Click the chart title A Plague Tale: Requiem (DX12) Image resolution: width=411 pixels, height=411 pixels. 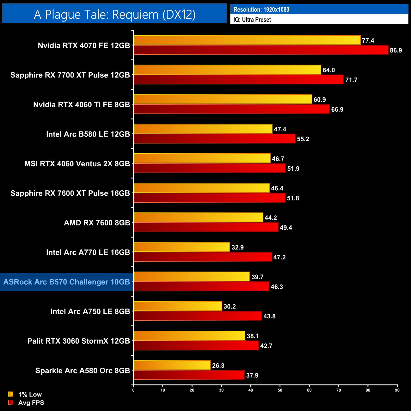[114, 14]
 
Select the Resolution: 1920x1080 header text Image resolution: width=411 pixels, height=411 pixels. [261, 9]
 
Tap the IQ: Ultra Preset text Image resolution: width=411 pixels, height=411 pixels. [252, 20]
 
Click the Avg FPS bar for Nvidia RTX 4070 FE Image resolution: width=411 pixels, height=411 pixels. [261, 50]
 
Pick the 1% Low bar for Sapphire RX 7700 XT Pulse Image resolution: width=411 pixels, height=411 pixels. [227, 70]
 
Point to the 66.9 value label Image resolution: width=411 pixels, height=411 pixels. [337, 109]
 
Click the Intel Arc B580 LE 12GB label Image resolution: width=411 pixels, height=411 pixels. [88, 134]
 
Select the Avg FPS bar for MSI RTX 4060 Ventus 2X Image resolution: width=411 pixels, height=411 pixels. [210, 168]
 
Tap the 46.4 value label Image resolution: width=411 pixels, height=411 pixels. [277, 188]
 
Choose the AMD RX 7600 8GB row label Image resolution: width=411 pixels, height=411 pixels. [97, 223]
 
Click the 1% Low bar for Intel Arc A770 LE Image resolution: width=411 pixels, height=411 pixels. [182, 247]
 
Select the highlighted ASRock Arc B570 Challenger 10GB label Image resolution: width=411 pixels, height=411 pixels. [66, 282]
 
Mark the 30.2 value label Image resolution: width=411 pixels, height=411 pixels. [230, 306]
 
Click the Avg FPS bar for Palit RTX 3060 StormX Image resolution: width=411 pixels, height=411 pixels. [196, 346]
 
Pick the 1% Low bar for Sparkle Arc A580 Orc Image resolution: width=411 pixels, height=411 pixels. [172, 365]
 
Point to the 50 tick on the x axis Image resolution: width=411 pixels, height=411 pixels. [280, 390]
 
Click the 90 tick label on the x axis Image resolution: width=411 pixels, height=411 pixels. [397, 390]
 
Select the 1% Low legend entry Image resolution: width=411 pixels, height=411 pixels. [30, 394]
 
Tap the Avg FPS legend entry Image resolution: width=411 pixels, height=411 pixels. [31, 402]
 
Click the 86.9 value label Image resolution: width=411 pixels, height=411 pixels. [396, 50]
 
